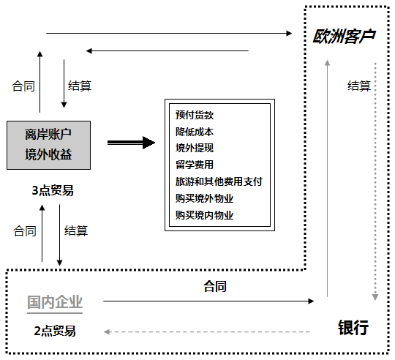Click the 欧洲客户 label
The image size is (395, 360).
[x=344, y=37]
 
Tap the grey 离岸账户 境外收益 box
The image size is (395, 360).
[x=48, y=145]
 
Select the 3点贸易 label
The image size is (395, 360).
[x=53, y=190]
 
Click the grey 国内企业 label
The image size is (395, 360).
[x=55, y=302]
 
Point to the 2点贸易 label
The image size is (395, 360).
[x=55, y=331]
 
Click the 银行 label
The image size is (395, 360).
[x=353, y=328]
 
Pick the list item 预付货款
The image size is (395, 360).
[x=195, y=115]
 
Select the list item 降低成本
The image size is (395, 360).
[x=195, y=132]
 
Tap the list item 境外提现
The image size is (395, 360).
[x=195, y=148]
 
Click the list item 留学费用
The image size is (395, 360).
[x=195, y=165]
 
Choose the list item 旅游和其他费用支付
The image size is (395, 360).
[x=219, y=181]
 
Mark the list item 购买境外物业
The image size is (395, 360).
[x=204, y=198]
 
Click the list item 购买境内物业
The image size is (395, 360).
[x=204, y=215]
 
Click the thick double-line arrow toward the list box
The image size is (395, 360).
[x=131, y=143]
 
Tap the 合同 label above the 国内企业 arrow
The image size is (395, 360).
[x=215, y=286]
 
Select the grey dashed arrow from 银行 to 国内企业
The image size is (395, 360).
[x=207, y=331]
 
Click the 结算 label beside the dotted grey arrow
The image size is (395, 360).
[x=359, y=86]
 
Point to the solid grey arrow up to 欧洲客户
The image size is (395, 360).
[x=327, y=179]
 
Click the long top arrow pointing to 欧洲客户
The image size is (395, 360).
[x=169, y=33]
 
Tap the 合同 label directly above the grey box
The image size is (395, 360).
[x=23, y=86]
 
